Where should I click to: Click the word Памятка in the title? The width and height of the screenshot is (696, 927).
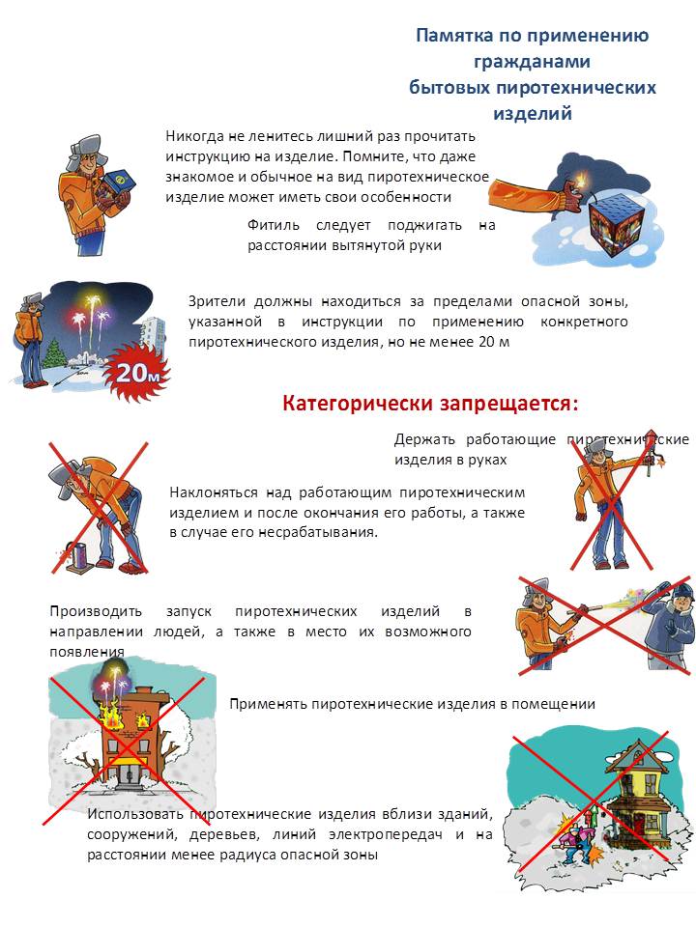pyautogui.click(x=450, y=36)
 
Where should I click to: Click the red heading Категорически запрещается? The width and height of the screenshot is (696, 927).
pyautogui.click(x=430, y=403)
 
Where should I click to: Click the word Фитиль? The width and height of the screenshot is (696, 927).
pyautogui.click(x=270, y=225)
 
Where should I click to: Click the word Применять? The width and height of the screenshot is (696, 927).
pyautogui.click(x=269, y=704)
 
